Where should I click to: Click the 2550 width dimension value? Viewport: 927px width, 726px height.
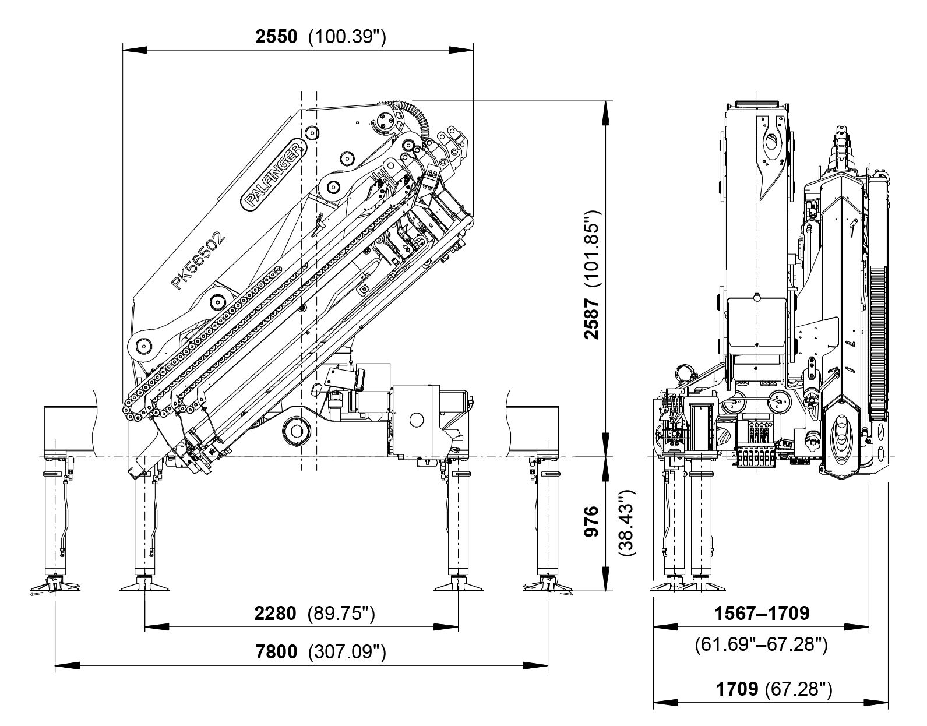click(x=277, y=37)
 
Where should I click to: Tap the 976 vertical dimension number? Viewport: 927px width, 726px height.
click(x=592, y=522)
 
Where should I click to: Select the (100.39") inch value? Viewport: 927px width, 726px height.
click(x=347, y=37)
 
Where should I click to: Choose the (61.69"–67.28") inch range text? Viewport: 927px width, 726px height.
click(x=761, y=645)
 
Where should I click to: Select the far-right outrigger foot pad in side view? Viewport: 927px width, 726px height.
click(x=547, y=586)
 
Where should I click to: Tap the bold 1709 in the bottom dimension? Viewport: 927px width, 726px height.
click(x=736, y=689)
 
